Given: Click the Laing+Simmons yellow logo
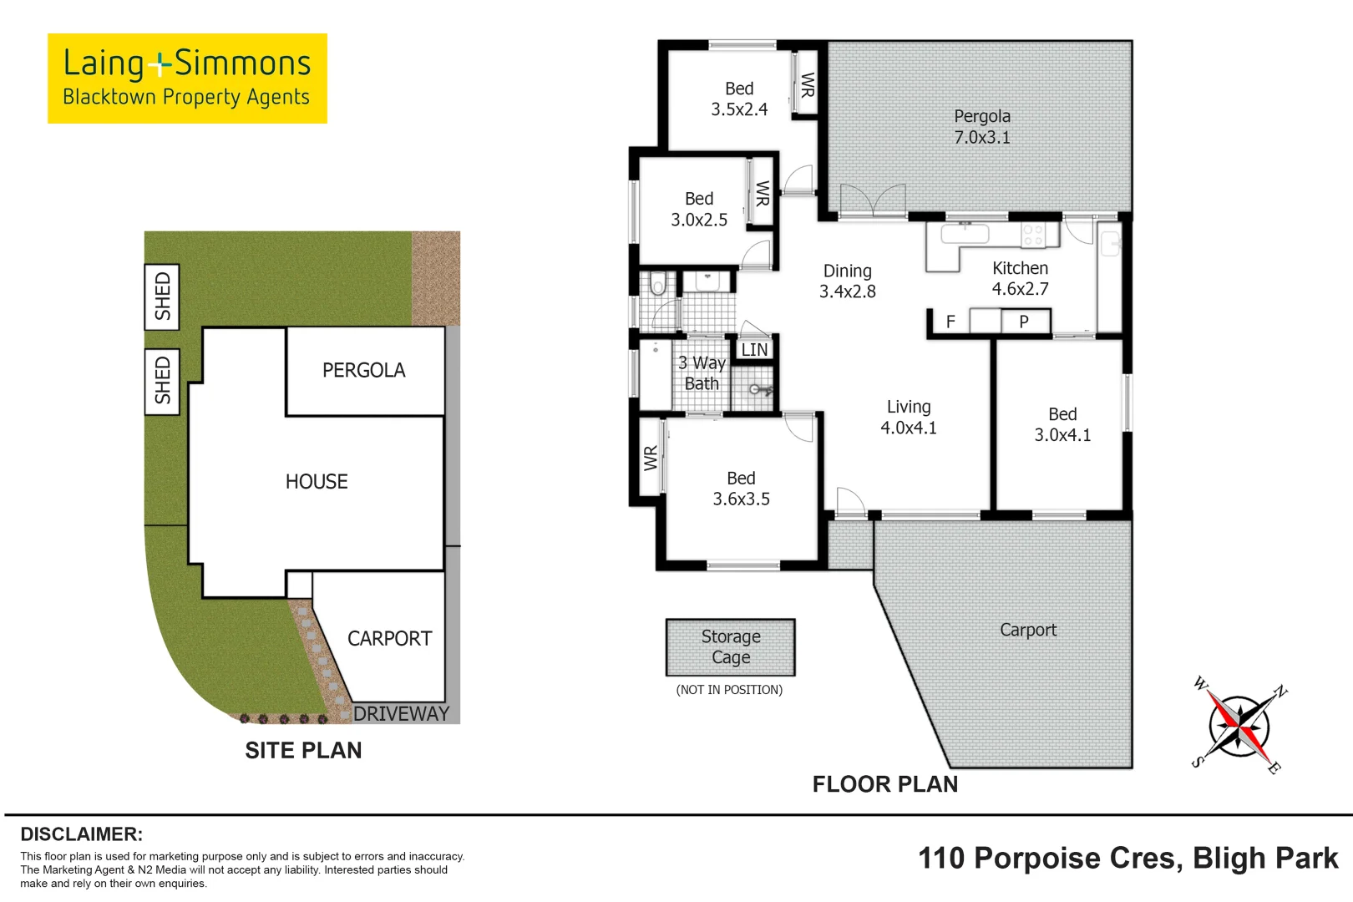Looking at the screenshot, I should click(187, 79).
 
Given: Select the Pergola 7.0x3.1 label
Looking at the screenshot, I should click(982, 127).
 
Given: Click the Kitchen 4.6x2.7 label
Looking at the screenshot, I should click(1020, 278).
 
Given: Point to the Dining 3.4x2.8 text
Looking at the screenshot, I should click(847, 281).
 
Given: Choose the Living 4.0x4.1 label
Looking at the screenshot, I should click(909, 417).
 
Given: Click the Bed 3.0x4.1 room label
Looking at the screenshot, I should click(1062, 424).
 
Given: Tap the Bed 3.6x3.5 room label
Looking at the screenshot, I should click(741, 489).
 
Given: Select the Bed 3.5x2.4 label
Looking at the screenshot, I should click(739, 99).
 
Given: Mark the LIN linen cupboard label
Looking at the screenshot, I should click(754, 350).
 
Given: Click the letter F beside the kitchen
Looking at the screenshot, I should click(950, 322).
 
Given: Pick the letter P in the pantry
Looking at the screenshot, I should click(1024, 322).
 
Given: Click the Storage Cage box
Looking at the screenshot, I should click(730, 647).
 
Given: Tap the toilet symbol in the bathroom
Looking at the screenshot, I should click(658, 286).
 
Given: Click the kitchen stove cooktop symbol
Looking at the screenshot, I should click(1033, 235).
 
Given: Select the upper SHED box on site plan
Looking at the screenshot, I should click(162, 296).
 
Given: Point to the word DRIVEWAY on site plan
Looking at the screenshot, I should click(401, 713).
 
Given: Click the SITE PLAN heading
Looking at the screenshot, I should click(303, 750).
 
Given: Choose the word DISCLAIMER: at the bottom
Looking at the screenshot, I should click(81, 834).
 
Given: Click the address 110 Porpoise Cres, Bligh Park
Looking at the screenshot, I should click(1127, 859).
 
